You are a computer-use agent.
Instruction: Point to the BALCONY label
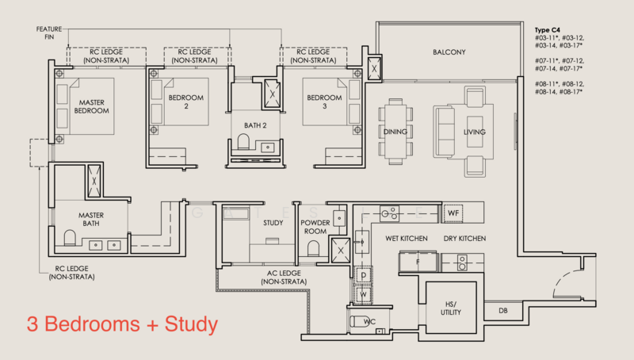tap(449, 53)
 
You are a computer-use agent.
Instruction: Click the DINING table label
tap(395, 132)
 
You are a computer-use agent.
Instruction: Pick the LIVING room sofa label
tap(474, 132)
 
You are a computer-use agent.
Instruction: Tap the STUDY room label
tap(273, 224)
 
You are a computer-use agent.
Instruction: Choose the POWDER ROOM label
tap(315, 228)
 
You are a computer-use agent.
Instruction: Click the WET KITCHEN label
tap(407, 239)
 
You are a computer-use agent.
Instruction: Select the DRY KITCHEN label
tap(464, 239)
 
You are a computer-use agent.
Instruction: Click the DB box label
tap(502, 311)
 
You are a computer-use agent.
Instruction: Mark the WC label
tap(369, 322)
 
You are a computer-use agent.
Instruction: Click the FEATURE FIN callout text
tap(49, 33)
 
